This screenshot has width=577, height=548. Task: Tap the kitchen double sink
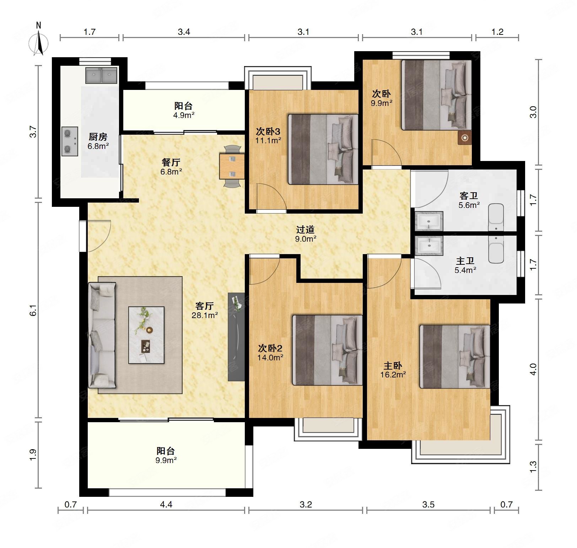point(101,75)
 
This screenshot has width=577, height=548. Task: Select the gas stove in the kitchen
point(70,141)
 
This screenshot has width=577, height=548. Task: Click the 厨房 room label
point(98,137)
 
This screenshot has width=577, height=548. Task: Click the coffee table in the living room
point(146,335)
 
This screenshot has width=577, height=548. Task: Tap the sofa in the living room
point(102,335)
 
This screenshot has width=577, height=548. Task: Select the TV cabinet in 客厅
point(236,337)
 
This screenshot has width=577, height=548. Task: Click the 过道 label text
point(305,230)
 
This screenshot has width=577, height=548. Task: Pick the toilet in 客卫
point(496,217)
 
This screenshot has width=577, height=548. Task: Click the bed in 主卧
point(455,356)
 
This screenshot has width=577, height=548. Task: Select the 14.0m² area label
point(270,358)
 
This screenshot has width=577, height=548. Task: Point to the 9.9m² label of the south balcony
point(166,460)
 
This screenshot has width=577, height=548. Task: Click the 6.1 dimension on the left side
point(33,310)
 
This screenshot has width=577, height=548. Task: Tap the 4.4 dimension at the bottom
point(166,504)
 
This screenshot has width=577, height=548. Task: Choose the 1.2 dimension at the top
point(497,32)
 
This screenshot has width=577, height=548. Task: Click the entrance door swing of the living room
point(99,236)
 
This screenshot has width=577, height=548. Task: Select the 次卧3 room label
point(268,132)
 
